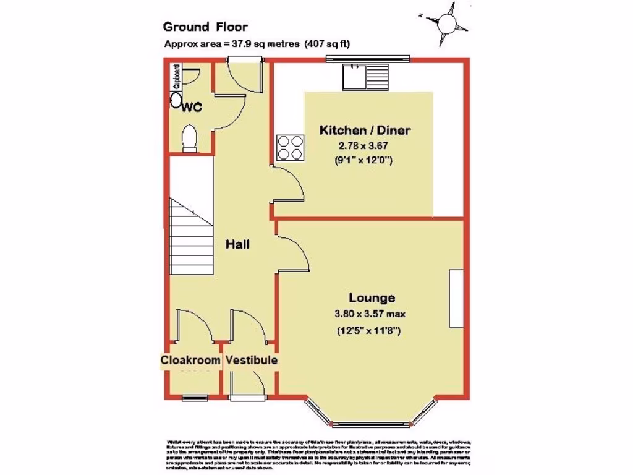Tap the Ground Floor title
[x=205, y=27]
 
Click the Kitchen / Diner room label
[x=365, y=131]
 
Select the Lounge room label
[x=371, y=297]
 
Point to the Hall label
[x=237, y=244]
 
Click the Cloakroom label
[x=190, y=360]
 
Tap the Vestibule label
[x=251, y=360]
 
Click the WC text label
[x=192, y=107]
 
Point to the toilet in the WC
[x=190, y=138]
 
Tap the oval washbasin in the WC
[x=176, y=101]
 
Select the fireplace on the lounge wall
[x=456, y=298]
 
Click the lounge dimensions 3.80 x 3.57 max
[x=370, y=314]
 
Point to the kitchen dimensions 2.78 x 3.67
[x=365, y=146]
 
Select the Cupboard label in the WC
[x=176, y=75]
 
